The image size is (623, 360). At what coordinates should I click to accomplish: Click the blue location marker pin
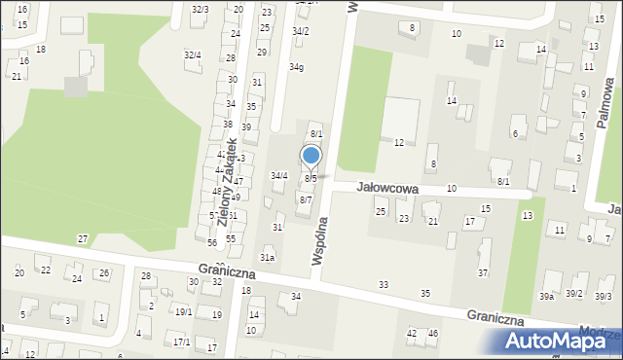coord(311,157)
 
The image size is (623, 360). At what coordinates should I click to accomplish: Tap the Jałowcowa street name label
coord(386,186)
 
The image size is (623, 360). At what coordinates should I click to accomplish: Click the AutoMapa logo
coord(562,342)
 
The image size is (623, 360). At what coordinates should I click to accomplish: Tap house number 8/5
coord(310,179)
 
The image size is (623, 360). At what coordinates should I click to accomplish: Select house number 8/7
coord(305,199)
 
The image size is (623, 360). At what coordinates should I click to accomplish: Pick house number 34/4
coord(278,175)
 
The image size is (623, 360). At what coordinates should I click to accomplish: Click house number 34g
coord(296,67)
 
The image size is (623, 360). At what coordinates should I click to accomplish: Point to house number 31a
coord(267,257)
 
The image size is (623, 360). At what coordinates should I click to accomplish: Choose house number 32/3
coord(199,9)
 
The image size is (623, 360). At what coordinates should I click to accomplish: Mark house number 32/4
coord(193,54)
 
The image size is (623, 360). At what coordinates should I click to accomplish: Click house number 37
coord(483,273)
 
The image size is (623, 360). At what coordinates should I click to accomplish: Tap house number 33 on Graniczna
coord(384,284)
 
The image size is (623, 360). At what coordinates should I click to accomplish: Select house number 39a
coord(547,296)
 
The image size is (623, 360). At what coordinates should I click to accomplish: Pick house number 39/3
coord(604,296)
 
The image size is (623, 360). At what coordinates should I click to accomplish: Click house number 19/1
coord(183,311)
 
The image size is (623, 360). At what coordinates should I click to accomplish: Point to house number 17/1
coord(181,342)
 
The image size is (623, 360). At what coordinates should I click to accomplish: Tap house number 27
coord(83,238)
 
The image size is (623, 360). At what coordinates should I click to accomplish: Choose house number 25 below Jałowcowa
coord(381,211)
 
